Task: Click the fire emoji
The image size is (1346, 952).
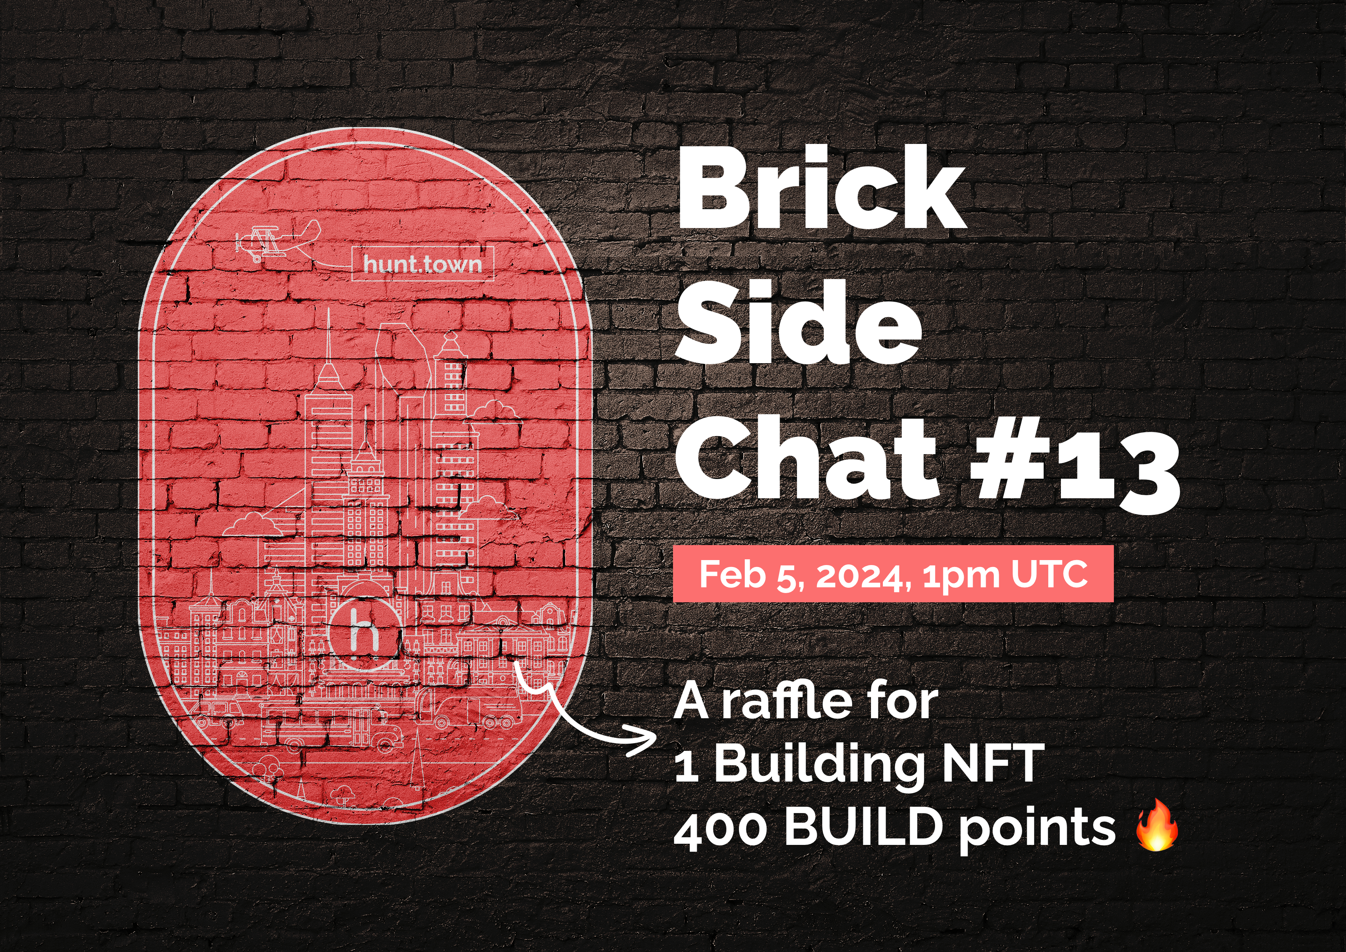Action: [x=1156, y=824]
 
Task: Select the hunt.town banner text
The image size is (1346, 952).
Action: [x=422, y=264]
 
